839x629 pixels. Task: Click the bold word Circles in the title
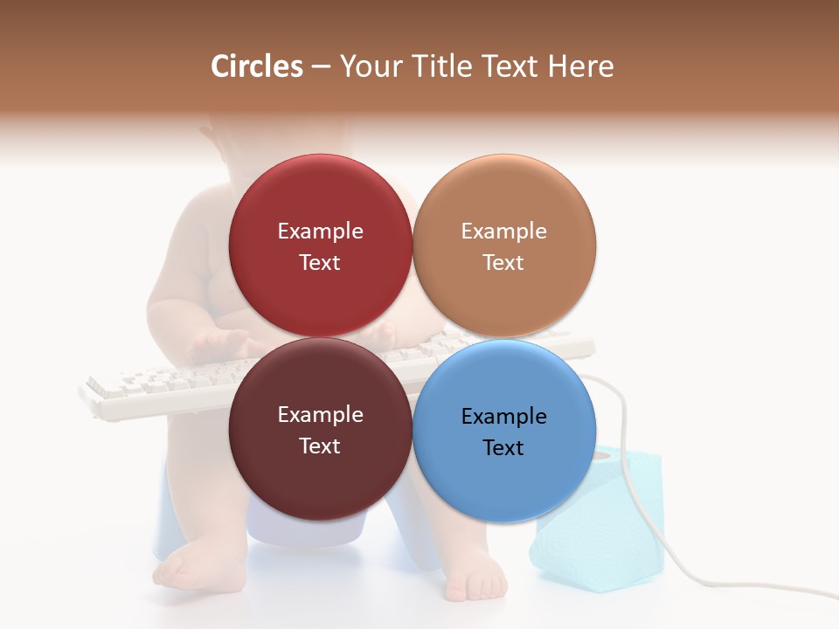(257, 66)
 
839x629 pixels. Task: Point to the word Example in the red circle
(320, 231)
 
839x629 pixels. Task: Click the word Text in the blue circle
(503, 447)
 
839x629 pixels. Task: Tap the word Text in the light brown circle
(503, 262)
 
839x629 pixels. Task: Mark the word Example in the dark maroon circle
(320, 414)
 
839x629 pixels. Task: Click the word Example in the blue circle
(503, 416)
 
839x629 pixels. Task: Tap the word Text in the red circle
(320, 262)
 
